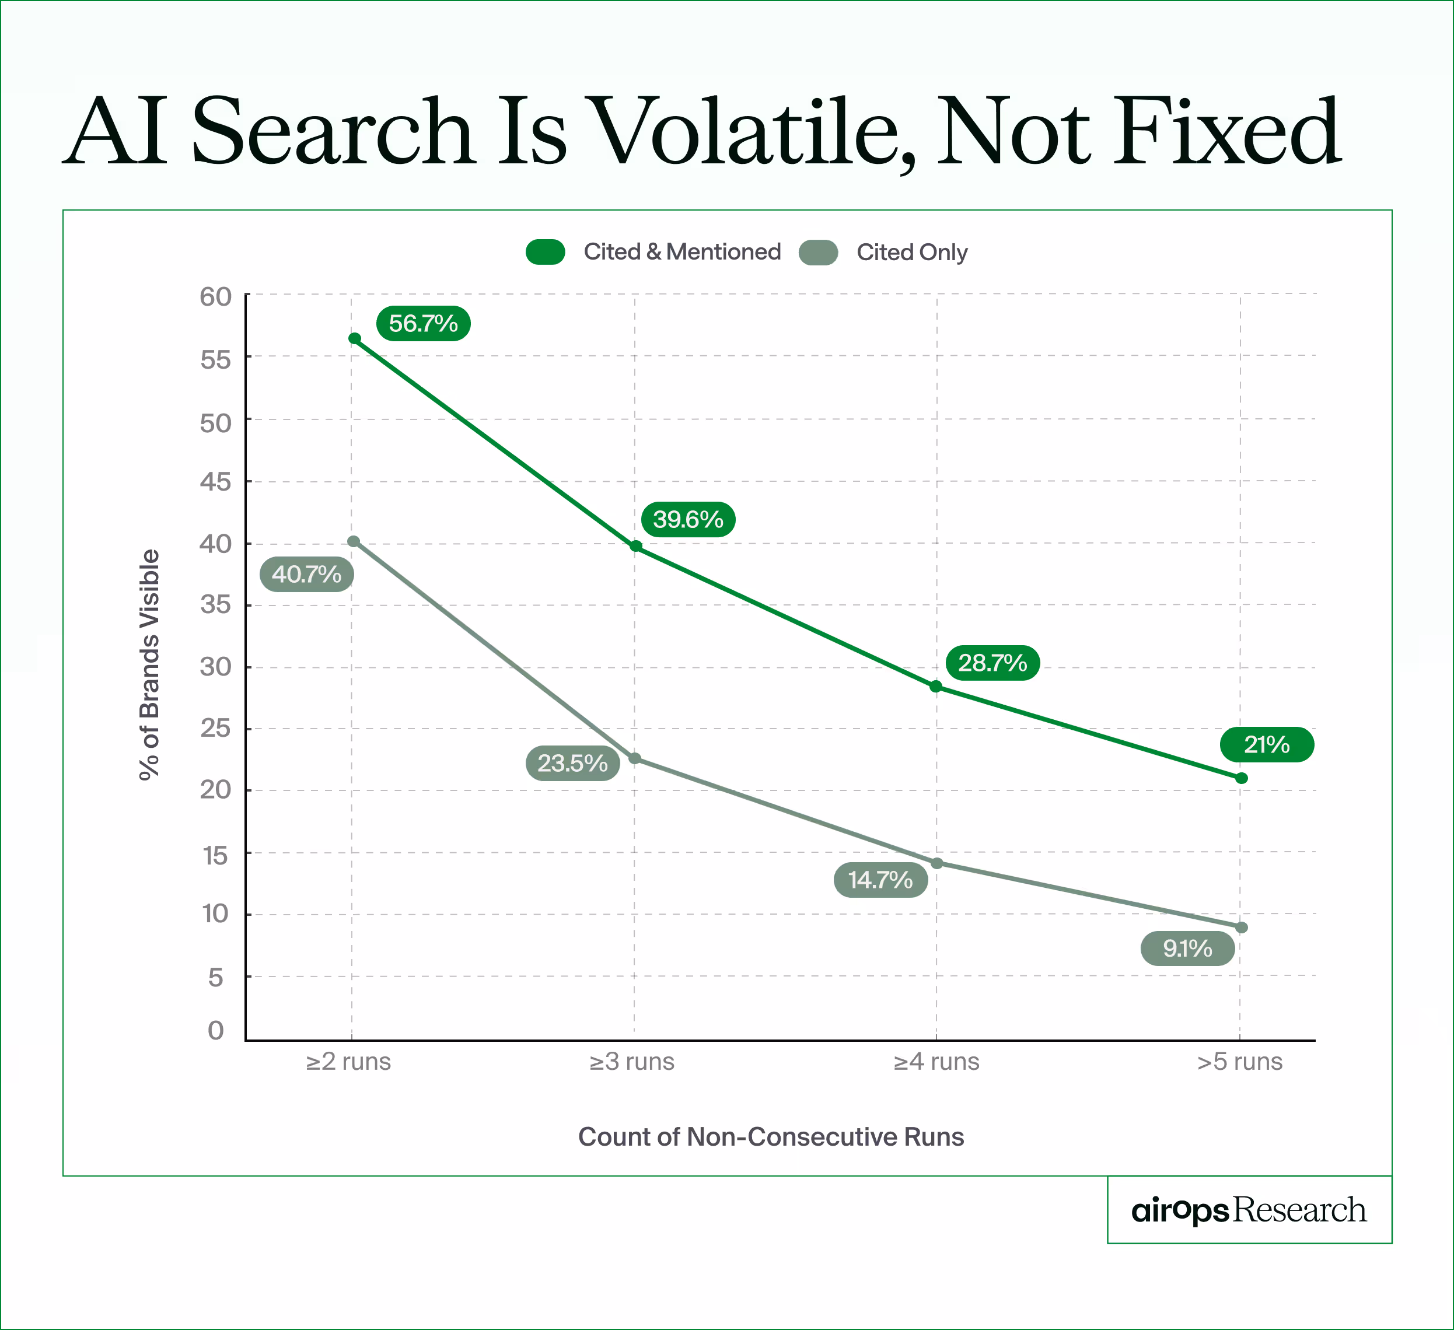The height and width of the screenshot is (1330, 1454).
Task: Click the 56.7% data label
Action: point(424,323)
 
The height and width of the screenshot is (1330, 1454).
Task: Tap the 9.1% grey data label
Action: point(1187,948)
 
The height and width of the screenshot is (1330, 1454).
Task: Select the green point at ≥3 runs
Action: point(636,546)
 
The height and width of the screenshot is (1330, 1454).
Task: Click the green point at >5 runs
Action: point(1241,778)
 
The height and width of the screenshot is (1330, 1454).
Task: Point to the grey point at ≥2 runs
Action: point(354,541)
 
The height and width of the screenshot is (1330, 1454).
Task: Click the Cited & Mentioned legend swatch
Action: point(545,252)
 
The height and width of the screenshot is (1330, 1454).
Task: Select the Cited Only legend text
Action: point(911,253)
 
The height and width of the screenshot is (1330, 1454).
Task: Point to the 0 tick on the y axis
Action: point(216,1031)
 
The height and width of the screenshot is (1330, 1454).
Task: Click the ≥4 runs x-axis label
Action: point(936,1062)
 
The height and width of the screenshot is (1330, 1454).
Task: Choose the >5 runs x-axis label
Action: point(1240,1062)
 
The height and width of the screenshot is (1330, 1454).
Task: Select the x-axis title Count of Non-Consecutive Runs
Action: point(771,1137)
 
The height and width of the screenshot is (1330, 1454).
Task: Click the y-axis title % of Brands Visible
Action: point(149,664)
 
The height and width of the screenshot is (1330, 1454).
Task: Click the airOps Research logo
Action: point(1249,1210)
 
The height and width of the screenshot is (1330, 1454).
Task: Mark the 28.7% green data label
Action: point(992,662)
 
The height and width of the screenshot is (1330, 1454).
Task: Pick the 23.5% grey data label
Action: point(572,762)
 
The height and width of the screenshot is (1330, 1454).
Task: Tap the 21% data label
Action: point(1267,744)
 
